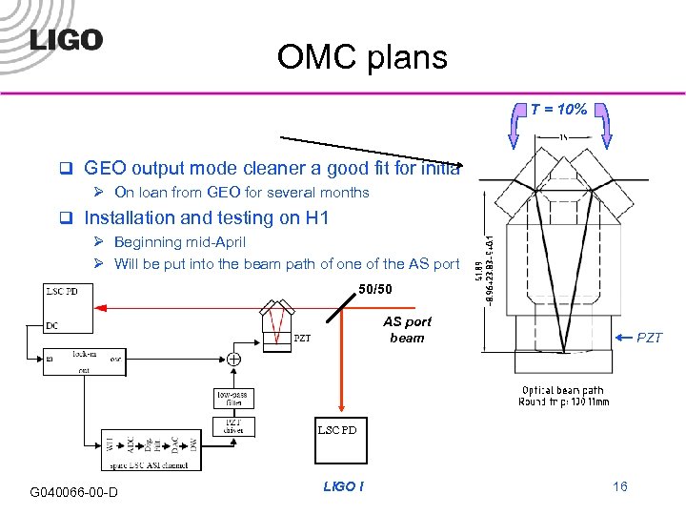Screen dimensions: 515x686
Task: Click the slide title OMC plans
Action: click(362, 58)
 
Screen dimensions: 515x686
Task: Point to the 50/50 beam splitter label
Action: click(374, 289)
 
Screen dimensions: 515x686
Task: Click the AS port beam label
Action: click(408, 330)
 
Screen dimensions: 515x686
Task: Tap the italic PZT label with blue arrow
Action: click(648, 338)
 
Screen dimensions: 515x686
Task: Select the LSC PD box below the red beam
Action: click(336, 430)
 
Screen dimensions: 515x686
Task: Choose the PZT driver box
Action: click(233, 426)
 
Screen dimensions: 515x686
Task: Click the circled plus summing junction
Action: click(233, 360)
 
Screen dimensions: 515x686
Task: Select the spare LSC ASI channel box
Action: click(151, 448)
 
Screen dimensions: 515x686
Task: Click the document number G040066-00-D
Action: click(73, 492)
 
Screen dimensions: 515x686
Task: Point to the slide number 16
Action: click(620, 487)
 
